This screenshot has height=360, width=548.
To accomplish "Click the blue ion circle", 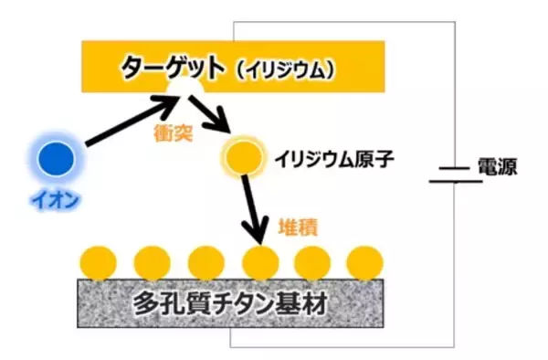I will coord(56,158).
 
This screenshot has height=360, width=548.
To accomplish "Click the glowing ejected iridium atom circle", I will coord(242,157).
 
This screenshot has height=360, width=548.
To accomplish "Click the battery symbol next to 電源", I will coord(448,175).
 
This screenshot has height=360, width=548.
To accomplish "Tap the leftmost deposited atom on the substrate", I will coord(99,262).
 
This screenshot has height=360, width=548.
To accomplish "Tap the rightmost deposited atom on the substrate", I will coord(364,262).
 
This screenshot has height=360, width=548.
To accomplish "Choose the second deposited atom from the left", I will coord(152,262).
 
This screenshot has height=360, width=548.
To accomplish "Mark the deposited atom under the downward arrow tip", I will coord(259,262).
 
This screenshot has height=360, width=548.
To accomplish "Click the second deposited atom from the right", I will coord(311,262).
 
